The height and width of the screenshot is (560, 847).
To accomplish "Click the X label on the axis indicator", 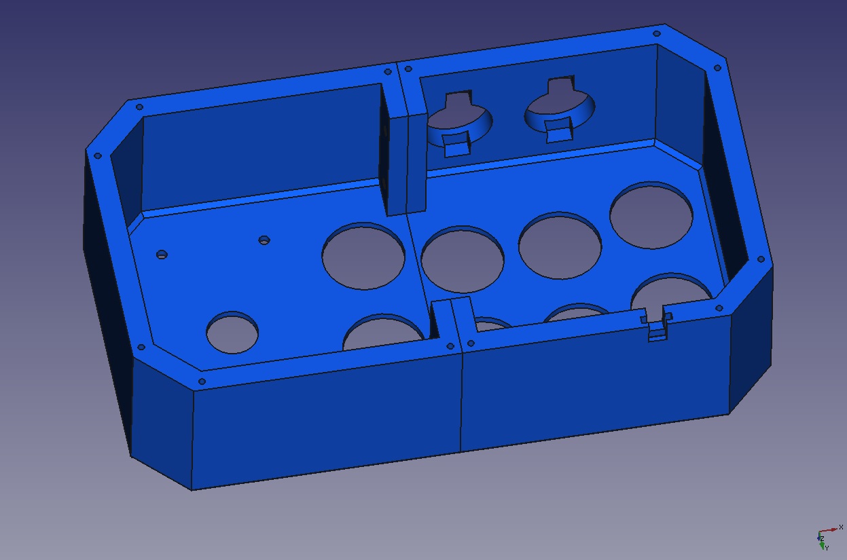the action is pyautogui.click(x=841, y=527).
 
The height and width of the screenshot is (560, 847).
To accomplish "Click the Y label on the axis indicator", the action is pyautogui.click(x=827, y=548).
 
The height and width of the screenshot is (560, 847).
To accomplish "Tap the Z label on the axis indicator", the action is pyautogui.click(x=822, y=539).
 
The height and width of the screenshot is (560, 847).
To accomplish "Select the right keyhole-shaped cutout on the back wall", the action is pyautogui.click(x=560, y=109).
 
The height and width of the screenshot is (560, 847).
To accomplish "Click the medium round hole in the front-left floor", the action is pyautogui.click(x=232, y=333).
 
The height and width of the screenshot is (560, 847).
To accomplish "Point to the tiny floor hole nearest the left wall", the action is pyautogui.click(x=162, y=255).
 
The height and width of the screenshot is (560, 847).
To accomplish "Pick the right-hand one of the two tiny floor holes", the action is pyautogui.click(x=264, y=240).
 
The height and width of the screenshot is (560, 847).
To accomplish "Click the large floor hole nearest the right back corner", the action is pyautogui.click(x=651, y=215).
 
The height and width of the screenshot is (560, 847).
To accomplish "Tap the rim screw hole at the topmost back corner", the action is pyautogui.click(x=657, y=34).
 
